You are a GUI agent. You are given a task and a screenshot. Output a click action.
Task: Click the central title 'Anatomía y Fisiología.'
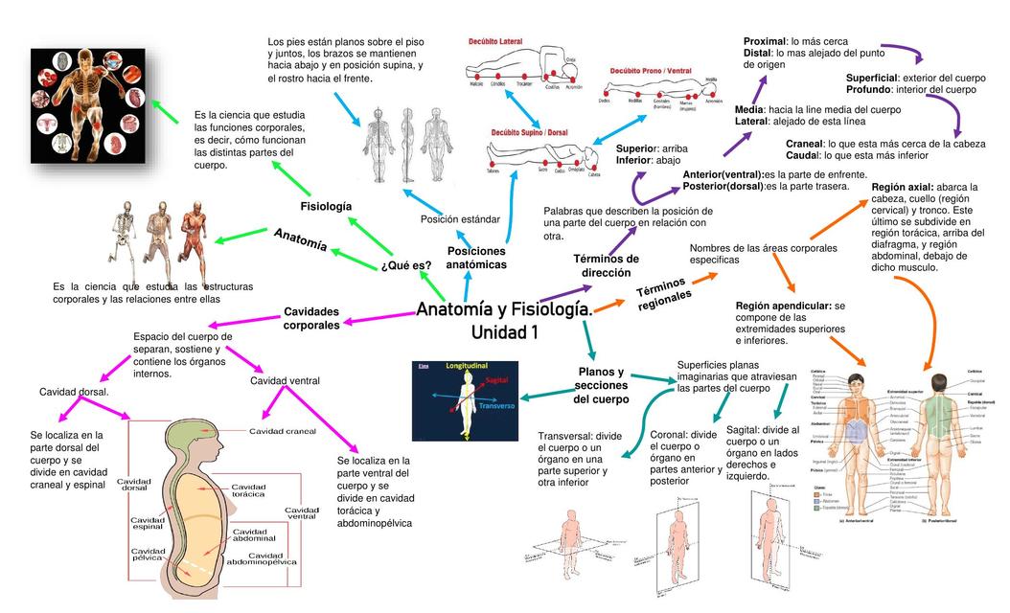pos(504,310)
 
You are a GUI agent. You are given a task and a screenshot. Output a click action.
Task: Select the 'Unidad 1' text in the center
pos(504,333)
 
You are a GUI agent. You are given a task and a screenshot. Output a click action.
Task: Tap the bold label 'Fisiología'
pos(326,207)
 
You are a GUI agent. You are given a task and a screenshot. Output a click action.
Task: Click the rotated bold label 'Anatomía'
pos(300,240)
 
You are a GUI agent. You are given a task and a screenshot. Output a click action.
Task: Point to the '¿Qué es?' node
pos(405,265)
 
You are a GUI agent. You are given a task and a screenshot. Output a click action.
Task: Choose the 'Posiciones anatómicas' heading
pos(476,257)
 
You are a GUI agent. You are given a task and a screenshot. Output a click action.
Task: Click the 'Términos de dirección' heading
pos(606,265)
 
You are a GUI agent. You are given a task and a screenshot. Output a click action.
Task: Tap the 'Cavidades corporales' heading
pos(311,318)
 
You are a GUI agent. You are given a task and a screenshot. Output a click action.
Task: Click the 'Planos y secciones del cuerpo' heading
pos(601,385)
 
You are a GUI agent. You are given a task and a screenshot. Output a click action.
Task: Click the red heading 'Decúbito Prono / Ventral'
pos(651,70)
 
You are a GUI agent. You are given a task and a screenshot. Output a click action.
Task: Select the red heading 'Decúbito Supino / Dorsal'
pos(530,133)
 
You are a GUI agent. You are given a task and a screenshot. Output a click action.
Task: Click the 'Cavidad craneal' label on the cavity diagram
pos(282,431)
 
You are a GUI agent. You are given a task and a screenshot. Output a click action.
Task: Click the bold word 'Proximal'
pos(765,41)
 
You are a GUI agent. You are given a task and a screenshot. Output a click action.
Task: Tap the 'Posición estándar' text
pos(460,219)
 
